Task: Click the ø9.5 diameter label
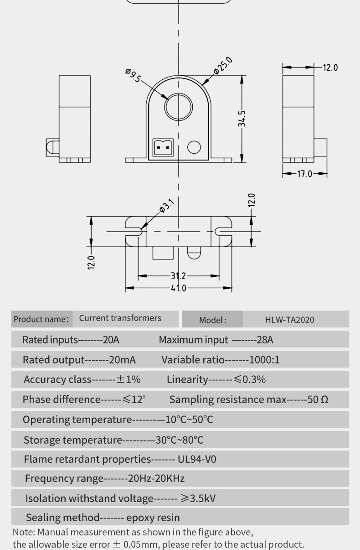tap(133, 75)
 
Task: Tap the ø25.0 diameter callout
tap(223, 65)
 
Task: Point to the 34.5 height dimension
tap(242, 119)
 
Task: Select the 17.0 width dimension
tap(304, 174)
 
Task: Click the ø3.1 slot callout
tap(167, 206)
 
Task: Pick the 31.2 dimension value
tap(178, 276)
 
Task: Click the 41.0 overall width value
tap(179, 288)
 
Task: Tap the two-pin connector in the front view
tap(163, 147)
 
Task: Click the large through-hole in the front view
tap(178, 107)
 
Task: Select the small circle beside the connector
tap(194, 147)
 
